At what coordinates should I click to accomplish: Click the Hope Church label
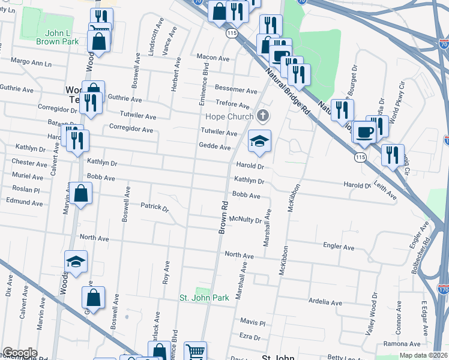point(229,116)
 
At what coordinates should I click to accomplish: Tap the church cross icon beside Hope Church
point(262,115)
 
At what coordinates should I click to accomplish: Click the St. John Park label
point(205,298)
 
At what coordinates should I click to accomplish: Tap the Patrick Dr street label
point(155,207)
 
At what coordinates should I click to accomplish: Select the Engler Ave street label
point(339,246)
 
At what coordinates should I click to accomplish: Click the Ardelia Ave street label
point(325,302)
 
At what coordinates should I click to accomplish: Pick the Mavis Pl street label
point(253,322)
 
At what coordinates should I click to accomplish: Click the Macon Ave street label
point(213,58)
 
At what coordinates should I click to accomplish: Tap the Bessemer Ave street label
point(236,90)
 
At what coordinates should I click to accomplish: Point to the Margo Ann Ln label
point(31,62)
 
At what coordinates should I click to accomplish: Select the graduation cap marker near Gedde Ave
point(259,141)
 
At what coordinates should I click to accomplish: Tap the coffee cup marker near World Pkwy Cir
point(364,132)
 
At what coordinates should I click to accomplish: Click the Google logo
point(20,353)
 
